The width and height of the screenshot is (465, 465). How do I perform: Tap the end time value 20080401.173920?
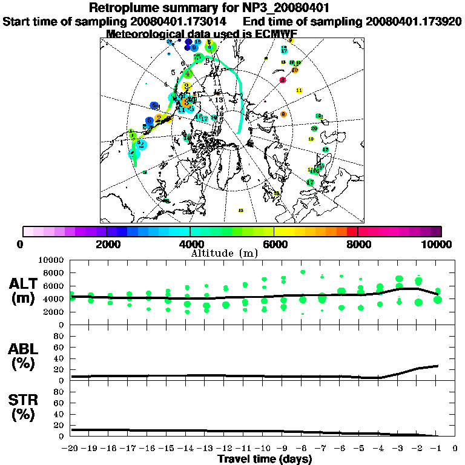[x=414, y=21]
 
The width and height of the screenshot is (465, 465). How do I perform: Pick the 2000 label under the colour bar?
[x=107, y=244]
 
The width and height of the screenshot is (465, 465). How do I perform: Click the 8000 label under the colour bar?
[x=358, y=244]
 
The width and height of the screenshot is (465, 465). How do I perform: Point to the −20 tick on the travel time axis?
[x=71, y=449]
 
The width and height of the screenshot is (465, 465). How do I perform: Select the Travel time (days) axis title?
[x=265, y=459]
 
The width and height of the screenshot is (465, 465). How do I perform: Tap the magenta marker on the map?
[x=283, y=80]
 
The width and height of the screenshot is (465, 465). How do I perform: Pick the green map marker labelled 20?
[x=314, y=128]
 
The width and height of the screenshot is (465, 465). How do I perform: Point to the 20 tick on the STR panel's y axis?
[x=59, y=425]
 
